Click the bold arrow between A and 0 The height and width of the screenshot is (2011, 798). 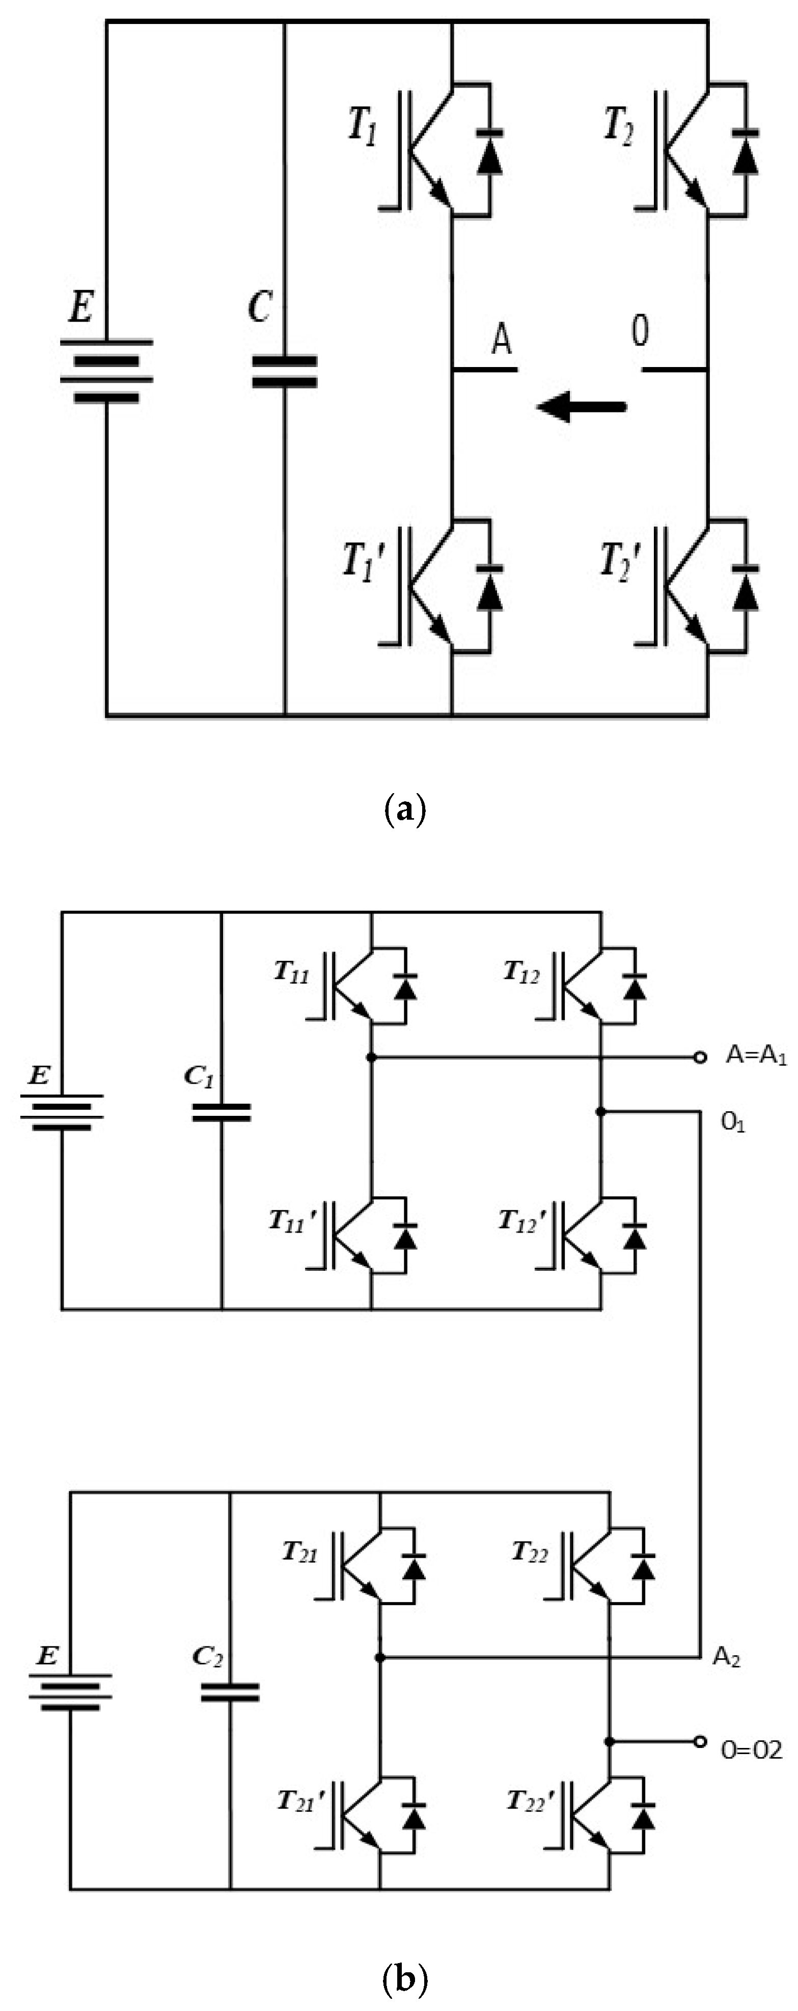(581, 406)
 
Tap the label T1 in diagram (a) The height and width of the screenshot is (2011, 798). (363, 126)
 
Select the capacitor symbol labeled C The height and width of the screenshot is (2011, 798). (285, 372)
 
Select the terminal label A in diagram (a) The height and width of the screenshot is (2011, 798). (502, 339)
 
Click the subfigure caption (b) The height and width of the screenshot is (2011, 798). (406, 1977)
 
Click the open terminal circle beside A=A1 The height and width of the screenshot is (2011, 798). (700, 1057)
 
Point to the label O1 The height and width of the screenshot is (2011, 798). (732, 1122)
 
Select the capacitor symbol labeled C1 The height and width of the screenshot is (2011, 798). (222, 1112)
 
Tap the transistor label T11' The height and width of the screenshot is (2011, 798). (292, 1221)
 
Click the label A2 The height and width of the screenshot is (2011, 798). (726, 1657)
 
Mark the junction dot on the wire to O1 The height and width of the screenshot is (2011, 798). (600, 1111)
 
